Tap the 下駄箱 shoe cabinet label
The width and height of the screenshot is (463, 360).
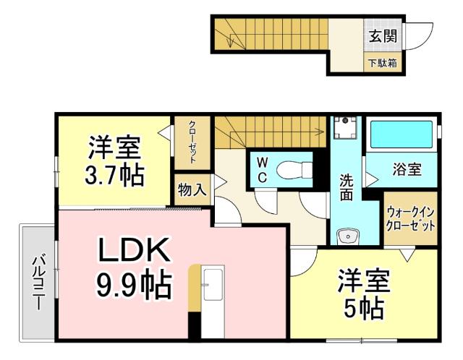tap(383, 63)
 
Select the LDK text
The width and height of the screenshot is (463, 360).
tap(135, 251)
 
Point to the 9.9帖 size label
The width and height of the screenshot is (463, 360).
tap(135, 286)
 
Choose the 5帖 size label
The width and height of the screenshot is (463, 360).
tap(363, 309)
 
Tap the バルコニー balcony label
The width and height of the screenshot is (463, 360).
tap(37, 281)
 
